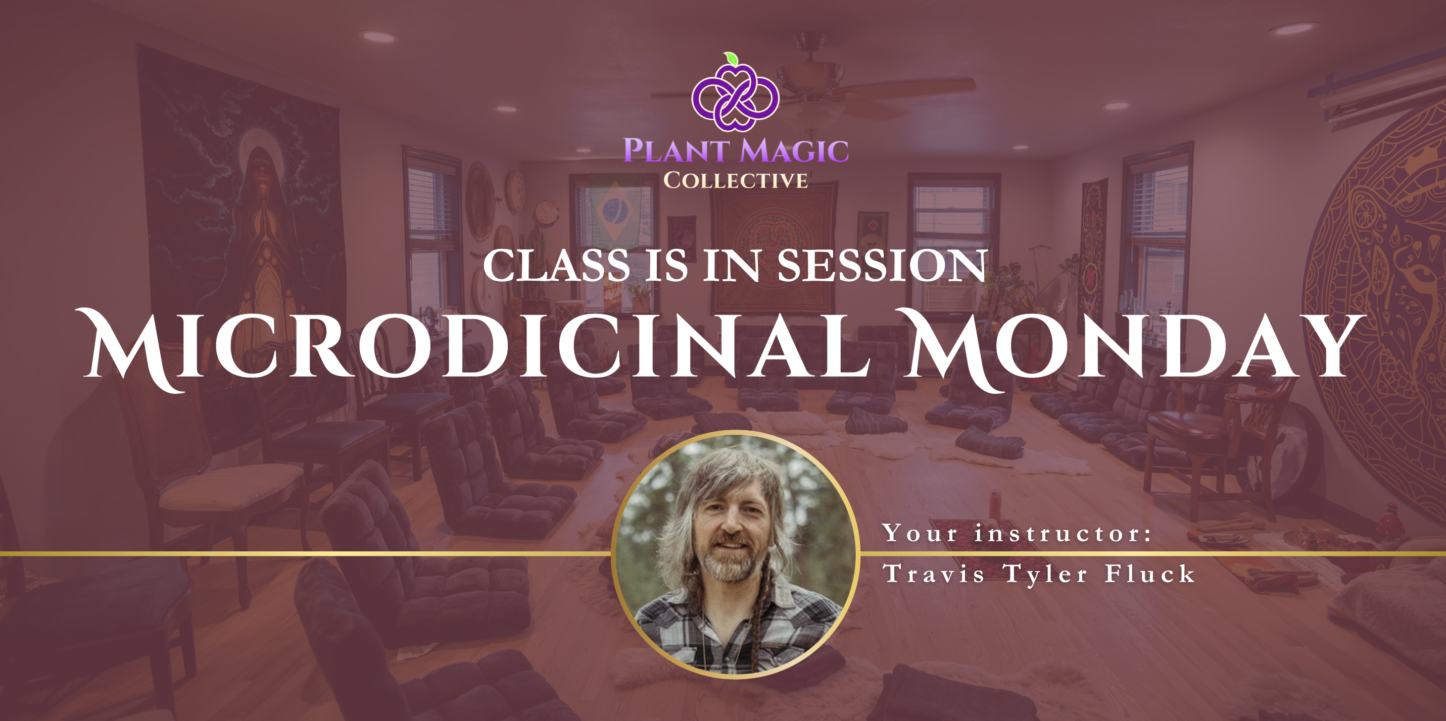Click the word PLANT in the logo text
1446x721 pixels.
coord(677,151)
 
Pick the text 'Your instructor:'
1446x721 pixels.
coord(1017,533)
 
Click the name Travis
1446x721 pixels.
coord(934,574)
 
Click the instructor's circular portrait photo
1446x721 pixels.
coord(735,555)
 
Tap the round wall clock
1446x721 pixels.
coord(515,191)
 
